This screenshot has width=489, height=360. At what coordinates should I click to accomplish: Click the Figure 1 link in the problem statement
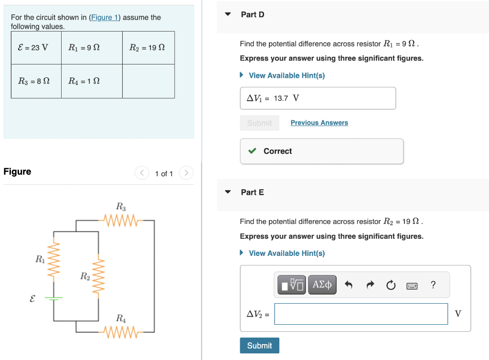[105, 18]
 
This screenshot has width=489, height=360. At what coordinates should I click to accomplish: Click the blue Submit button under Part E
[259, 346]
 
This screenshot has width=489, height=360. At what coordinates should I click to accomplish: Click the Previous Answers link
[319, 123]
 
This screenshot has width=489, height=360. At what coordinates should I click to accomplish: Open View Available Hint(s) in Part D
[286, 75]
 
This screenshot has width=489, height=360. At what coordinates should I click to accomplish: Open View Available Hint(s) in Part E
[286, 253]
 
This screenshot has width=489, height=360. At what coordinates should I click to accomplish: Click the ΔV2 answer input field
[361, 314]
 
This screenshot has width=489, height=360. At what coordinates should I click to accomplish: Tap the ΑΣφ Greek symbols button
[323, 285]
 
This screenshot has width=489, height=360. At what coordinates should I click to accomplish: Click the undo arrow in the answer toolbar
[349, 286]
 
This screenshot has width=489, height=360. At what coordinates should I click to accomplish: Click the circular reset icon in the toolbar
[391, 286]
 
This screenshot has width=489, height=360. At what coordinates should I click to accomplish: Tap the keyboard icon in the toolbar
[412, 286]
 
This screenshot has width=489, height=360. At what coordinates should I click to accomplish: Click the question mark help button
[433, 285]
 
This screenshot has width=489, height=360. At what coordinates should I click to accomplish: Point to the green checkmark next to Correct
[252, 151]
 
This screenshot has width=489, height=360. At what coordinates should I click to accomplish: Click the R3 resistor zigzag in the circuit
[120, 221]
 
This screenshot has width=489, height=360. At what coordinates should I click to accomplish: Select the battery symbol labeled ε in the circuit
[53, 298]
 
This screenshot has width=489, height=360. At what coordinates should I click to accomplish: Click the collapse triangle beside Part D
[228, 14]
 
